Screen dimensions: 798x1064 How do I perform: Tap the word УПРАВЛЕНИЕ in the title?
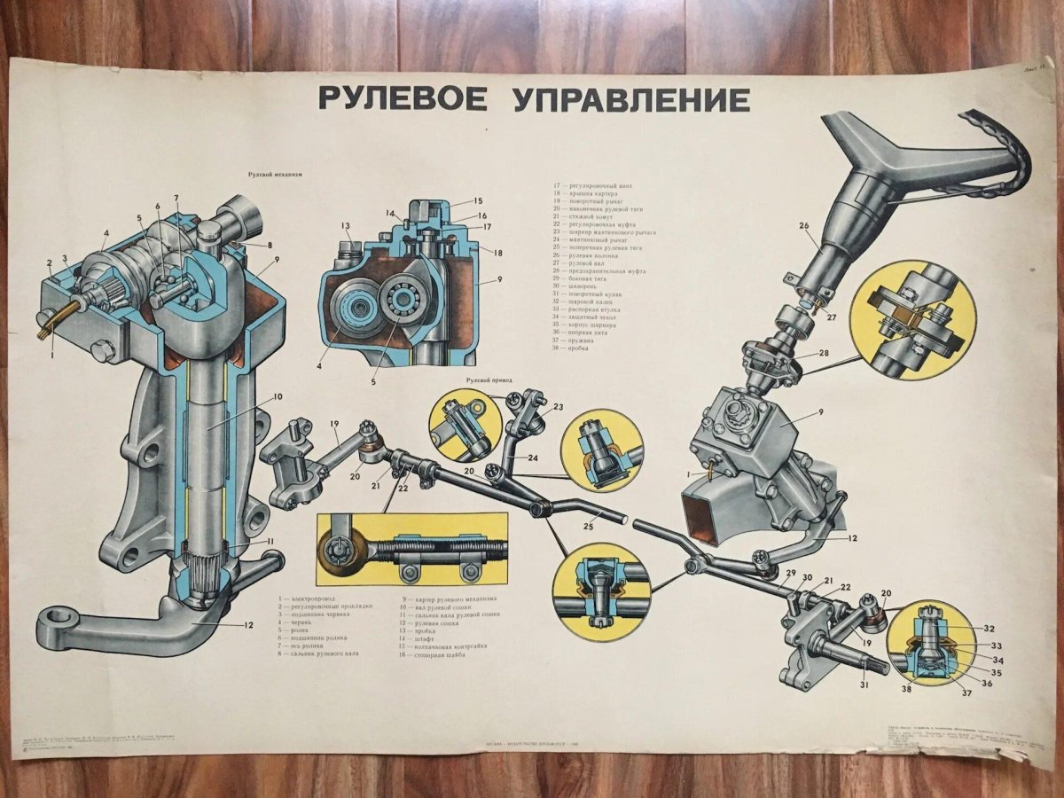click(631, 98)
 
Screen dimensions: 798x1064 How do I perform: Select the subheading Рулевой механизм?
click(275, 176)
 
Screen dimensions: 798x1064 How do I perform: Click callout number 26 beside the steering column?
click(804, 226)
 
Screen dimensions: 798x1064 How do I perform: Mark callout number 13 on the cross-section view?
click(346, 226)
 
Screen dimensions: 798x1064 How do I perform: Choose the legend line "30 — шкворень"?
click(580, 286)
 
